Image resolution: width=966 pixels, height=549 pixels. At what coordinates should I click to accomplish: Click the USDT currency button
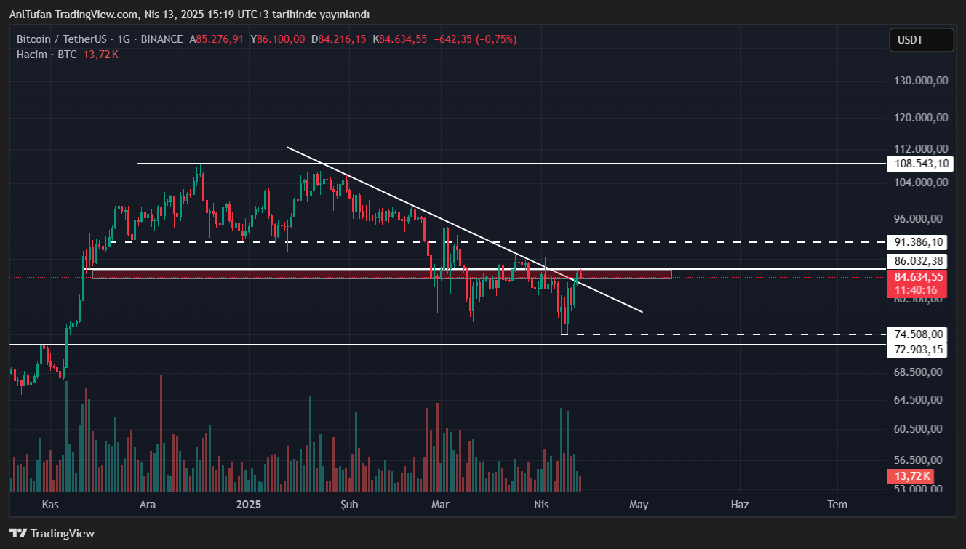point(921,40)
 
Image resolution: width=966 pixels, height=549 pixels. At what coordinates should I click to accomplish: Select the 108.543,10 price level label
point(919,164)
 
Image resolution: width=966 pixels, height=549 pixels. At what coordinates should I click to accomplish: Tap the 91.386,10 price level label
point(919,242)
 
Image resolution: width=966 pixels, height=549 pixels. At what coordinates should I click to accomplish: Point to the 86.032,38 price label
point(919,261)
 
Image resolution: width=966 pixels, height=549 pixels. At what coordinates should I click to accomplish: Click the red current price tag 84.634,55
point(919,277)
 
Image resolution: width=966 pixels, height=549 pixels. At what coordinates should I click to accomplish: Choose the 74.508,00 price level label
point(919,334)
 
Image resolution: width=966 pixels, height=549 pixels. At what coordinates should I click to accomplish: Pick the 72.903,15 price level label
point(919,350)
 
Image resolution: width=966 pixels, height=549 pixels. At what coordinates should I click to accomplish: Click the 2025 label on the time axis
point(249,505)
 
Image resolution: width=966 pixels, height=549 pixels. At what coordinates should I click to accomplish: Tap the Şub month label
point(350,505)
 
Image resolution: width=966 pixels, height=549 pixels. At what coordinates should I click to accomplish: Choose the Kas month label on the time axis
point(50,505)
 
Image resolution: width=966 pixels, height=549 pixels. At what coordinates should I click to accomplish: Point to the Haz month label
point(739,505)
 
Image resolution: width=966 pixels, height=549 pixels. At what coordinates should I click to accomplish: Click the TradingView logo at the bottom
point(52,534)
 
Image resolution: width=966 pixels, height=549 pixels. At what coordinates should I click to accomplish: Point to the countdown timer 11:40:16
point(916,290)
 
